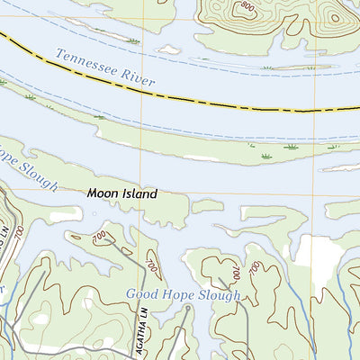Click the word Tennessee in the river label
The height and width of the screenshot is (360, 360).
tap(86, 66)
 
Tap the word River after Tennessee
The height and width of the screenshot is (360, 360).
tap(137, 82)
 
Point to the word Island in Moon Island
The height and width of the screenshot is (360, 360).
tap(139, 193)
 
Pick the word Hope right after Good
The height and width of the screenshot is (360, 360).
tap(178, 294)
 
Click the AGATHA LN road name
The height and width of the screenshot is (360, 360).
tap(141, 336)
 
